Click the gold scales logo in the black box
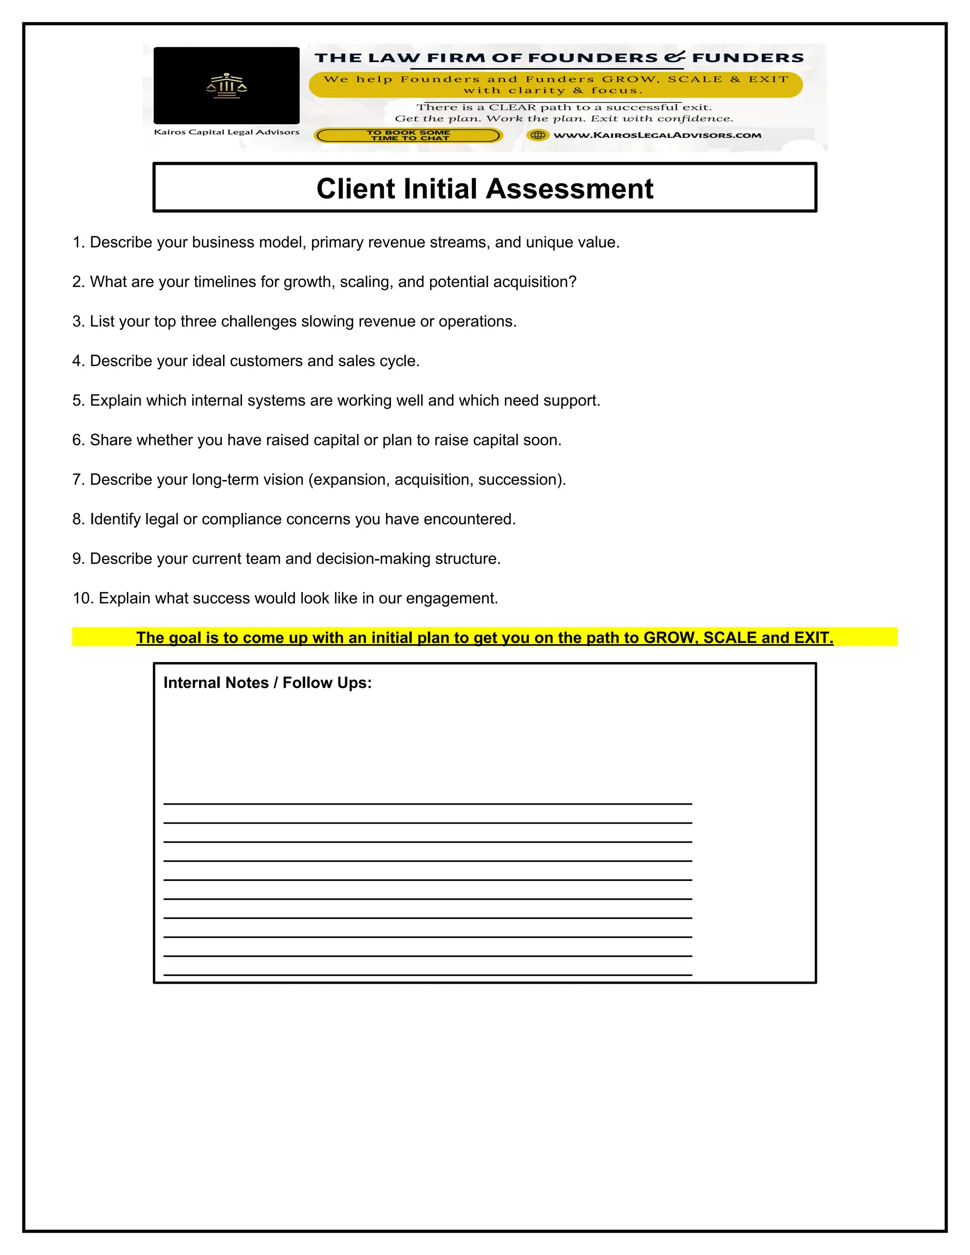(x=226, y=86)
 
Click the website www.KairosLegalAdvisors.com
(x=657, y=135)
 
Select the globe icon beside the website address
(x=538, y=135)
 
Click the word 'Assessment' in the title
(x=572, y=189)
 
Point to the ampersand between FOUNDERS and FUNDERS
(x=674, y=57)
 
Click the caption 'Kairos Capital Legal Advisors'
(x=226, y=132)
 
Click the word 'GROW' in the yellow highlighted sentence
(x=668, y=638)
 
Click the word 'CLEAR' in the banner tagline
(x=512, y=108)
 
